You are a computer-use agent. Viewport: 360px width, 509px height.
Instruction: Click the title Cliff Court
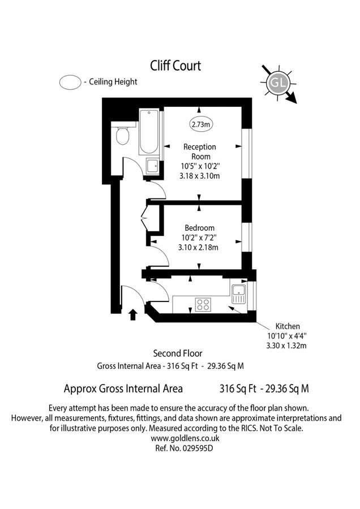tap(175, 66)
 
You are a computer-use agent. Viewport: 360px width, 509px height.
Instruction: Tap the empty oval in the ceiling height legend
tap(70, 82)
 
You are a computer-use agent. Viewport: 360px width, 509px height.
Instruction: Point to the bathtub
tap(149, 132)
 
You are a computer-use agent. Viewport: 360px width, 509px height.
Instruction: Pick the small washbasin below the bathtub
tap(152, 166)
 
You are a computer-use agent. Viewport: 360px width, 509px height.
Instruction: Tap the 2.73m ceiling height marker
tap(199, 124)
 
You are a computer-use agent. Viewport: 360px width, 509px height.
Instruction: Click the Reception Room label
tap(199, 152)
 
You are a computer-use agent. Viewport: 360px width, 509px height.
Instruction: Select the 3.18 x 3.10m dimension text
tap(199, 176)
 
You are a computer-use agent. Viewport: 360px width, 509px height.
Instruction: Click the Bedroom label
tap(199, 228)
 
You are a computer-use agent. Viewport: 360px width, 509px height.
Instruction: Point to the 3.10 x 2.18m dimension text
tap(199, 247)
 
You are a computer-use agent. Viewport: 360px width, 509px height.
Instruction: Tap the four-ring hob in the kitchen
tap(203, 304)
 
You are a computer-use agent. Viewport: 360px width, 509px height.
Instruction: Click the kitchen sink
tap(238, 293)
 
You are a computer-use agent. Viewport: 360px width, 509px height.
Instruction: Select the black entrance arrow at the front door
tap(133, 314)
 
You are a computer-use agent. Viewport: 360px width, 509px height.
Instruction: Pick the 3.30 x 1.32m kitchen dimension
tap(286, 345)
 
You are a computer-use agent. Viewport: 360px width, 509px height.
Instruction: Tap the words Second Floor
tap(178, 354)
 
